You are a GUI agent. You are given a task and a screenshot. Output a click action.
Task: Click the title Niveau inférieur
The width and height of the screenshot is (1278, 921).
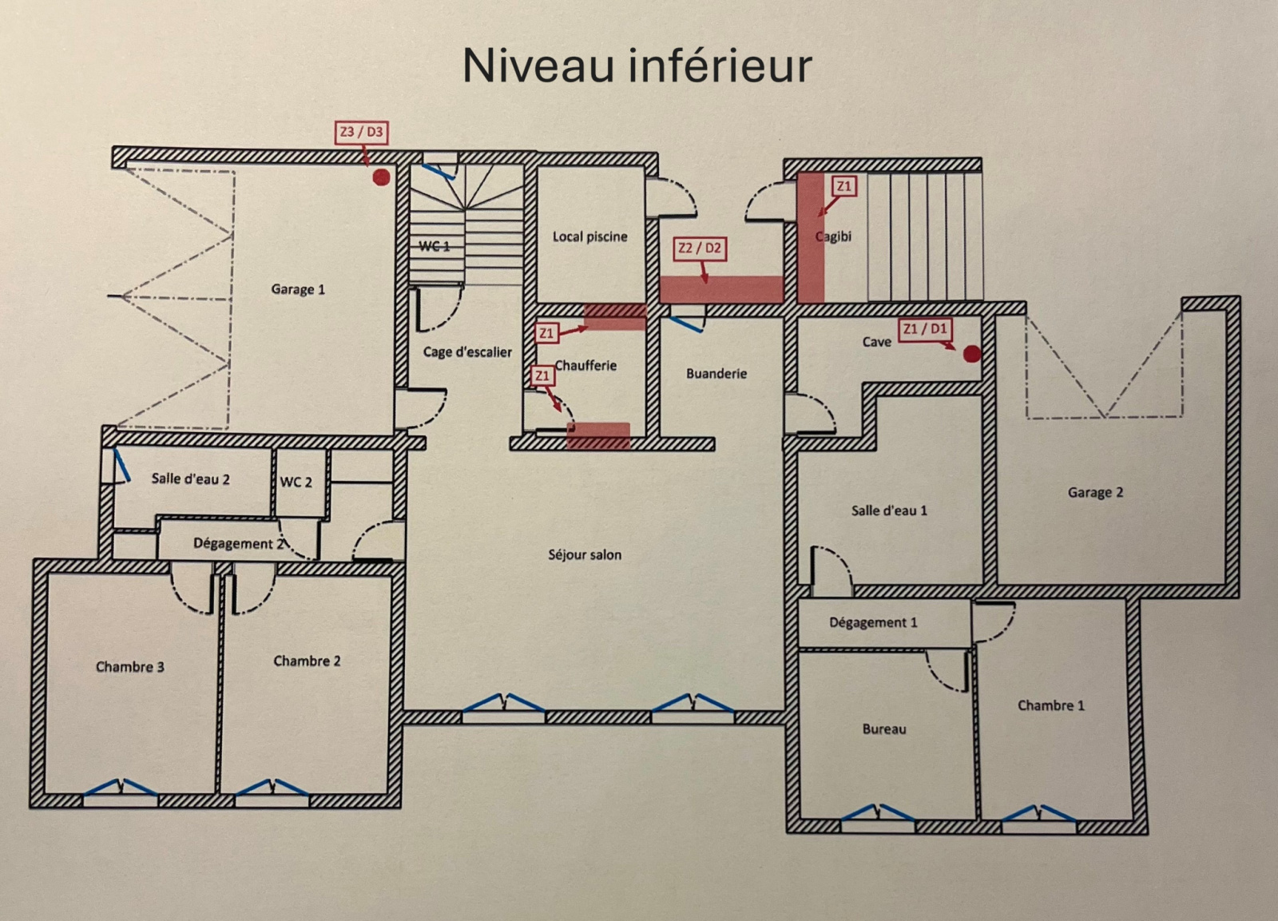coord(637,66)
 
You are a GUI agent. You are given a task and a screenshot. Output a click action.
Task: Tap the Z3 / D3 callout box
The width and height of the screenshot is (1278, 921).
coord(362,133)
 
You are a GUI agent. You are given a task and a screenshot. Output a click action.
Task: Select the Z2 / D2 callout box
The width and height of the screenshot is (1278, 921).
coord(700,248)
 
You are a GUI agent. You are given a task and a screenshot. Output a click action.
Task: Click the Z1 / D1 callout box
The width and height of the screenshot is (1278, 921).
coord(925,329)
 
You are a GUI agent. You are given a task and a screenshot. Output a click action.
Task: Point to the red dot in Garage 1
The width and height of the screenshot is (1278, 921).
coord(381,177)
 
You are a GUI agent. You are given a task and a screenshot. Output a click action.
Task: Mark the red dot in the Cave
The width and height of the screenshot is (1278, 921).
coord(972,355)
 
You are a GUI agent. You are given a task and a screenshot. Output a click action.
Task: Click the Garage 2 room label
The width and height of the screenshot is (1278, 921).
coord(1095,493)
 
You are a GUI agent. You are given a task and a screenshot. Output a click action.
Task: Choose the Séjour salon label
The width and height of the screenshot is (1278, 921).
coord(585,554)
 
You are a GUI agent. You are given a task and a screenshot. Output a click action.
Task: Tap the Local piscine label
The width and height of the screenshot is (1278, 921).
coord(590,236)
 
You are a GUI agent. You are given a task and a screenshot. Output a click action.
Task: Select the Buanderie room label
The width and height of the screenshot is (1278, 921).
coord(716,374)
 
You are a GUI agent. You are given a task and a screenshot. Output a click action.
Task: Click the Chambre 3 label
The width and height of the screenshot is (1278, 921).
coord(130,667)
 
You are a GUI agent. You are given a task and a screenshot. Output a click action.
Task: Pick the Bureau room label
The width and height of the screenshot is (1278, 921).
coord(884,729)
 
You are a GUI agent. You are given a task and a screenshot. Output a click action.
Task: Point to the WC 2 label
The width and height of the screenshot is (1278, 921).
coord(296,482)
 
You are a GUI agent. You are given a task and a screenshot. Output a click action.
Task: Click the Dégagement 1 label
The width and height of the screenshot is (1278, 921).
coord(874,622)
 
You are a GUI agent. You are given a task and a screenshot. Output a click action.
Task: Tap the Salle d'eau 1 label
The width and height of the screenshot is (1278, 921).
coord(890,510)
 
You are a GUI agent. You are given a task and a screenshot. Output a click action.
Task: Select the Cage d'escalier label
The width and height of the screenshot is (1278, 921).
coord(467,352)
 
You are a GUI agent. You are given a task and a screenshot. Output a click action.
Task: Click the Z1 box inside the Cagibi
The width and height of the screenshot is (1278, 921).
coord(844,187)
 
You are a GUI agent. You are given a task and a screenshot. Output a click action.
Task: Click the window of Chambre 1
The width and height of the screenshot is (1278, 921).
coord(1039,817)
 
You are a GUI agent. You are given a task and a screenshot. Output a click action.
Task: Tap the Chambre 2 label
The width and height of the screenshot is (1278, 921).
coord(307,661)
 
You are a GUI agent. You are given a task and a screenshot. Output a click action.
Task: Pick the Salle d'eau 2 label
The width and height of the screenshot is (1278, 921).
coord(191,479)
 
